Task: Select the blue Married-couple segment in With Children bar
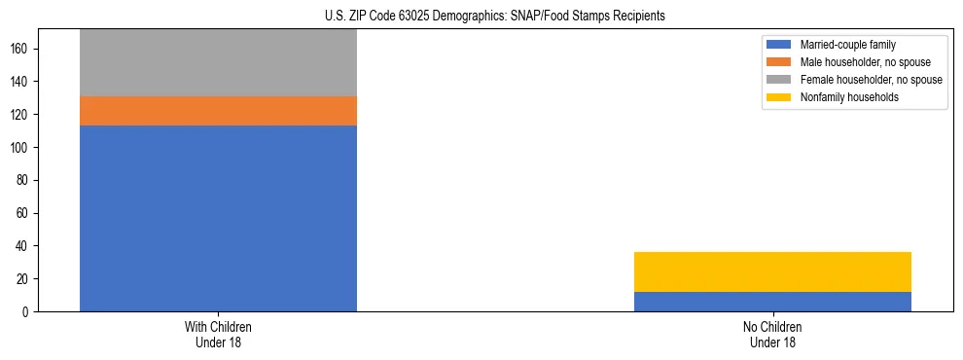[x=218, y=218]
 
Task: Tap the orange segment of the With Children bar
[x=218, y=111]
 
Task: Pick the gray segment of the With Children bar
[x=218, y=63]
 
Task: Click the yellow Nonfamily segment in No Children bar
[x=772, y=271]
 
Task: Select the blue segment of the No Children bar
[x=772, y=302]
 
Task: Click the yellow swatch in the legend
[x=779, y=97]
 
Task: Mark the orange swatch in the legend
[x=779, y=62]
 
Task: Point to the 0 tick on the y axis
[x=25, y=312]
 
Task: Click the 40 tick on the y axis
[x=22, y=246]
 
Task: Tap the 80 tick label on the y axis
[x=22, y=180]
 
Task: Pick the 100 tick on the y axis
[x=19, y=148]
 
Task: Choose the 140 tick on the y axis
[x=19, y=82]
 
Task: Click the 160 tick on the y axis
[x=19, y=49]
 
